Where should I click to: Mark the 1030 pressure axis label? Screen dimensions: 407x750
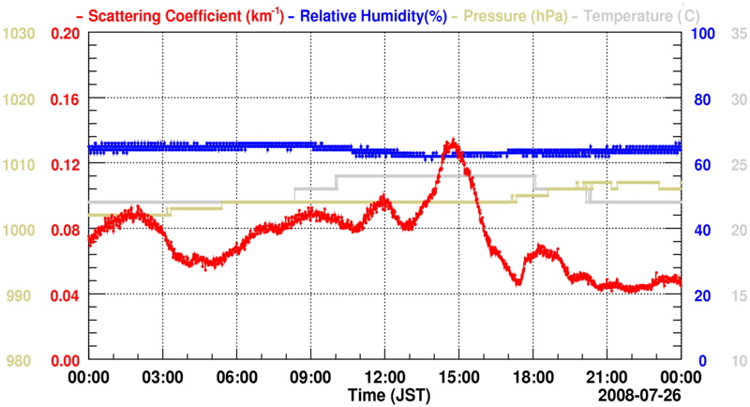(x=19, y=34)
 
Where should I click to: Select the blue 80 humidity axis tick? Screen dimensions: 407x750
(x=701, y=99)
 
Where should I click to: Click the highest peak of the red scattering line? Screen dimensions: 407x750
(x=453, y=143)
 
